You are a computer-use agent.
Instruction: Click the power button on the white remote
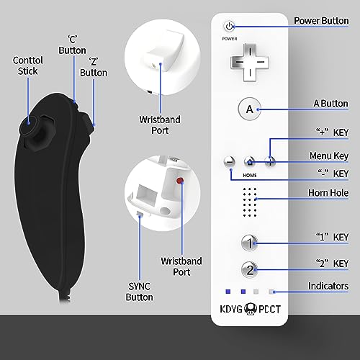pos(229,26)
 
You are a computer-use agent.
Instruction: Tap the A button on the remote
pos(250,109)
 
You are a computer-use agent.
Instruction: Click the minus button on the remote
pos(230,161)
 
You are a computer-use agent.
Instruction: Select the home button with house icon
pos(250,162)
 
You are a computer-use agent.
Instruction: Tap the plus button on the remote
pos(270,161)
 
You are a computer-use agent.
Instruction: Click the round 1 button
pos(249,243)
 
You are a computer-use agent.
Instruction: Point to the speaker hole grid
pos(250,202)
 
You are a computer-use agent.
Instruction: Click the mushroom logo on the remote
pos(251,310)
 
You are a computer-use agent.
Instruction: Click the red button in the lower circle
pos(180,181)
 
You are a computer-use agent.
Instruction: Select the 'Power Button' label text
pos(321,21)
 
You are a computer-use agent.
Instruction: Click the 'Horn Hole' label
pos(328,193)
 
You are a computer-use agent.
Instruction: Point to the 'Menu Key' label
pos(329,156)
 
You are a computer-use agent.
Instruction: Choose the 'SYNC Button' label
pos(139,292)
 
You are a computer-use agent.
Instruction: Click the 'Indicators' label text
pos(328,286)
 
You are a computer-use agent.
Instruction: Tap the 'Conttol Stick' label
pos(28,66)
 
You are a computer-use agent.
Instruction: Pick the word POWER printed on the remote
pos(230,39)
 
